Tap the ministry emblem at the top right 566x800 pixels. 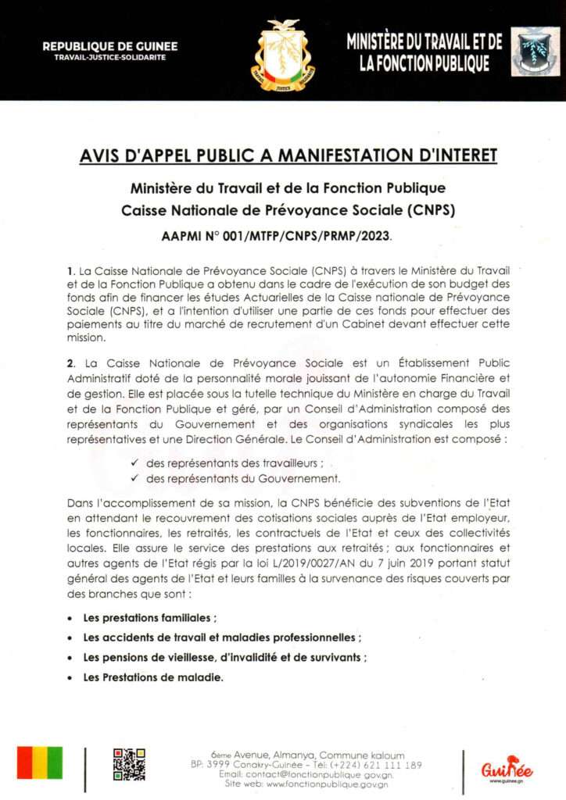coord(535,52)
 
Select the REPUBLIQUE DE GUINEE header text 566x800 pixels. coord(110,47)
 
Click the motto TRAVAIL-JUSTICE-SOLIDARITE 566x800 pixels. coord(110,59)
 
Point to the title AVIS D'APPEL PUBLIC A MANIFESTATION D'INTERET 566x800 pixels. coord(288,156)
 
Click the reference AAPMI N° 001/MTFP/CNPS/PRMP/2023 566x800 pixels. coord(288,235)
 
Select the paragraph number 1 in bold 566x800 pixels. coord(71,270)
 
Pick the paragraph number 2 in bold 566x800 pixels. coord(71,363)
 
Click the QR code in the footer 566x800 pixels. coord(129,763)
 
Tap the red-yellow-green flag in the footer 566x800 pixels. coord(40,762)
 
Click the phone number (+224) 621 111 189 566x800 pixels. coord(375,765)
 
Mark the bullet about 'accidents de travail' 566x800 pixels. coord(222,637)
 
